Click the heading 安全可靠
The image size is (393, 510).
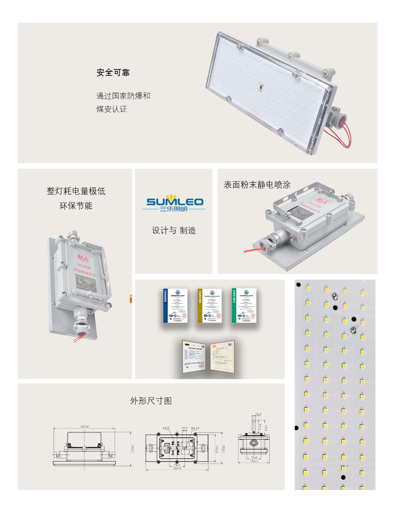(x=113, y=73)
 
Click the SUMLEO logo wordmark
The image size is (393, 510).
(x=174, y=202)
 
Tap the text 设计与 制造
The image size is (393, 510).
(x=174, y=230)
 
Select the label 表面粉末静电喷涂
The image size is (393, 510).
(x=257, y=185)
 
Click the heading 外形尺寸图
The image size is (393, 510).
(x=151, y=401)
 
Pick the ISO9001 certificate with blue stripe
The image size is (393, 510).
(x=175, y=306)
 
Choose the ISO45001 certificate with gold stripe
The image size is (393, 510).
(x=209, y=306)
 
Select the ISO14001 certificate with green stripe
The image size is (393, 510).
(x=244, y=306)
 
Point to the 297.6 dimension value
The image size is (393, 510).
(x=85, y=427)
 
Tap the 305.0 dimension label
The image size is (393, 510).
(x=177, y=469)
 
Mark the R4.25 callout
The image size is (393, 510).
(x=195, y=428)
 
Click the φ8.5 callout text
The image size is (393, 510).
(x=166, y=428)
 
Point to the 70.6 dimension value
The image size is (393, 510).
(x=254, y=458)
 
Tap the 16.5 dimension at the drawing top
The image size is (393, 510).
(x=258, y=414)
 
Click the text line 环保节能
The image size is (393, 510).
(x=76, y=206)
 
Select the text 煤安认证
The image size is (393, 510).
(x=112, y=109)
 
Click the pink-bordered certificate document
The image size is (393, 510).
(x=222, y=357)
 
